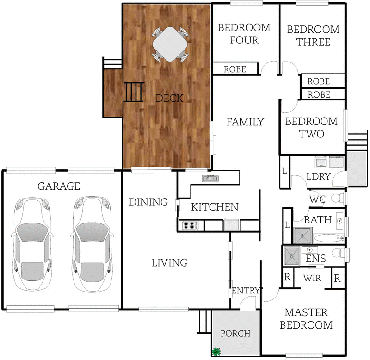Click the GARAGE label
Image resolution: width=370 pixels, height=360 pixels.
(59, 186)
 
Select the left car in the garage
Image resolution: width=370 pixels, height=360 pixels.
(31, 244)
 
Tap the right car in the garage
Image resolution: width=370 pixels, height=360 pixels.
(92, 244)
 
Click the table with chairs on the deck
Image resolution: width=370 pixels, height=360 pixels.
(171, 44)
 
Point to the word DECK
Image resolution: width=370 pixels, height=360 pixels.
(169, 98)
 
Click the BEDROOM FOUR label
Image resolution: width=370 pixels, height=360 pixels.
(244, 34)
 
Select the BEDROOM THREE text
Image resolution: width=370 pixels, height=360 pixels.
(313, 36)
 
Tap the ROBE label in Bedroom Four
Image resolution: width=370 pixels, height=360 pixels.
(235, 69)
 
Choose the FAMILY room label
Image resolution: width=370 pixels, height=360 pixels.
(245, 122)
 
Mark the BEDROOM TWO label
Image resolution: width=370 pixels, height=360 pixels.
(311, 128)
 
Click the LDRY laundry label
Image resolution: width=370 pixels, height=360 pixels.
(318, 176)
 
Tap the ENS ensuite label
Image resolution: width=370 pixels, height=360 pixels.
(316, 259)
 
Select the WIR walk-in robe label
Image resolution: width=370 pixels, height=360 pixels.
(312, 279)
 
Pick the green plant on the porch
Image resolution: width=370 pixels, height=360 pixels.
(215, 352)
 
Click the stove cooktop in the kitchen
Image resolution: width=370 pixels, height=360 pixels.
(190, 226)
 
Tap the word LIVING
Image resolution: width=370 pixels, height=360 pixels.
(169, 263)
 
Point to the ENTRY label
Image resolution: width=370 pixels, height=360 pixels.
(246, 291)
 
